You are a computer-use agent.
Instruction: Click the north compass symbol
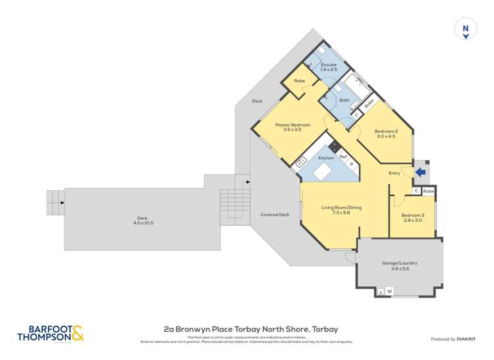point(466,30)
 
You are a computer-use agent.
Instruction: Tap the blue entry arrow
point(421,172)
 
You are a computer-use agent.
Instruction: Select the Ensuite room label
point(329,64)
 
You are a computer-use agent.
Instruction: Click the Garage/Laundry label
point(399,263)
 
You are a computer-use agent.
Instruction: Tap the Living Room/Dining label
point(342,208)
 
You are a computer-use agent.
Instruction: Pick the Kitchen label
point(326,158)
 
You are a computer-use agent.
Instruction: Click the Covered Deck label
point(275,215)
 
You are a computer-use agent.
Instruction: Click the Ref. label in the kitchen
point(343,157)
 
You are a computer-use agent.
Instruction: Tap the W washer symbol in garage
point(389,291)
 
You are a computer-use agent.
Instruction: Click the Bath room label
point(344,100)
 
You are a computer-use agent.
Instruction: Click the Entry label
point(395,173)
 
